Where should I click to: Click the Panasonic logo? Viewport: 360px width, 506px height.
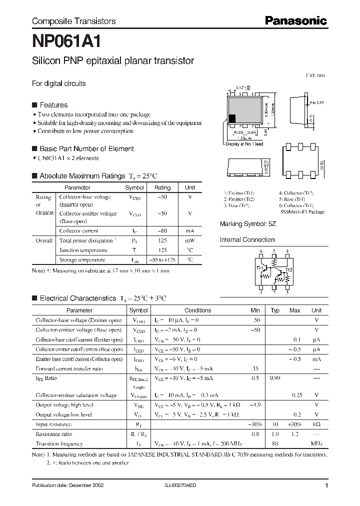[x=295, y=20]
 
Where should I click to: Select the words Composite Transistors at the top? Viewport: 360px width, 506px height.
[x=73, y=21]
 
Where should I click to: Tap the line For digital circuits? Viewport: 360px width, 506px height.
[x=58, y=83]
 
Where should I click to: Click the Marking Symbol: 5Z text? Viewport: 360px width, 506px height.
[x=247, y=224]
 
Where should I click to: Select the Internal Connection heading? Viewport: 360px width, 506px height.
[x=247, y=240]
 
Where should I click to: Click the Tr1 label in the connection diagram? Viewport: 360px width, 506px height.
[x=259, y=268]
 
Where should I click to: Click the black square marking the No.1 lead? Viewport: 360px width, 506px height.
[x=232, y=118]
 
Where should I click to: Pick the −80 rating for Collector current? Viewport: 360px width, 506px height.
[x=162, y=231]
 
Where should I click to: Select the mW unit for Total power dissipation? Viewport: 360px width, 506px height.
[x=190, y=240]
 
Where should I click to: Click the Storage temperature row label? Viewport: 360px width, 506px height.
[x=82, y=260]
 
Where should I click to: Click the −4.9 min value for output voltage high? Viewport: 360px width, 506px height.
[x=255, y=405]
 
